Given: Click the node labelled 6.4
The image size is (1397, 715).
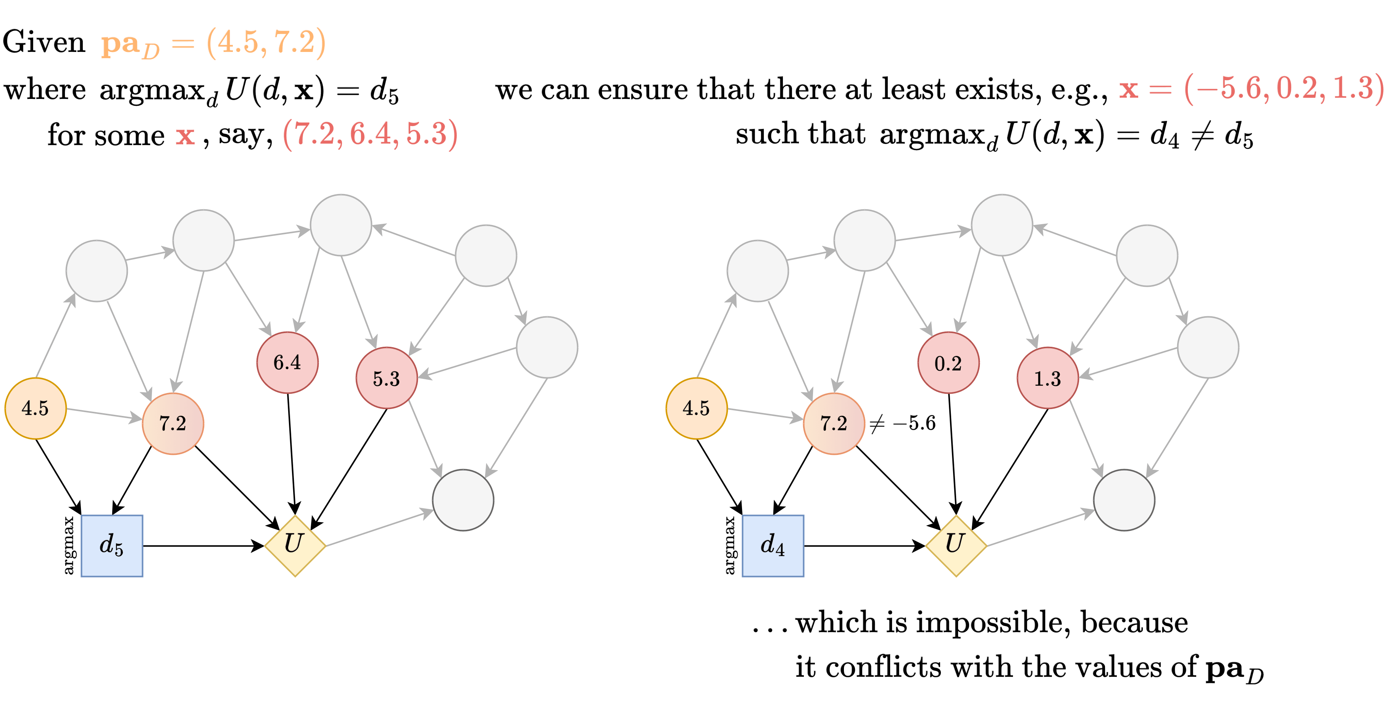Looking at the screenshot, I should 287,362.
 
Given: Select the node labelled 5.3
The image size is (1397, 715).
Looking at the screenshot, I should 386,378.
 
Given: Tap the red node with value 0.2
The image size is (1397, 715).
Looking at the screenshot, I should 948,363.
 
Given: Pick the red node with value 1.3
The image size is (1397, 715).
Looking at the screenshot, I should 1047,378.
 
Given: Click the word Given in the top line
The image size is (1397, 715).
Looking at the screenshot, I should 44,42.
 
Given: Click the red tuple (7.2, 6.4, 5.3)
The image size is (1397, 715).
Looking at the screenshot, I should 370,134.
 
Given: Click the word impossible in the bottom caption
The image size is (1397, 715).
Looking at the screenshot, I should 992,622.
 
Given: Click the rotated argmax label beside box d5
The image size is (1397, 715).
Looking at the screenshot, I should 68,545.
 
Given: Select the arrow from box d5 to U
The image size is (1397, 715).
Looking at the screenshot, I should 203,546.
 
